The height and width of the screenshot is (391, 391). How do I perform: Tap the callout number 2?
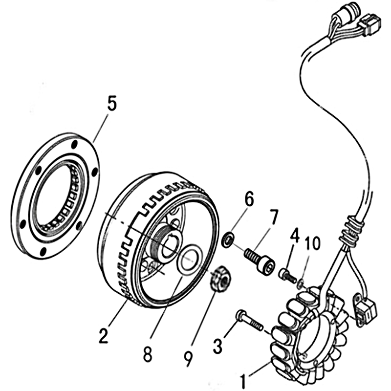click(x=103, y=336)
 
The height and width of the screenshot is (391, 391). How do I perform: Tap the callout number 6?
click(x=249, y=198)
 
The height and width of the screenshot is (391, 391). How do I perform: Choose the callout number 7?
click(x=274, y=215)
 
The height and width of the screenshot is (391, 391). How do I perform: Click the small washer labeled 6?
click(x=228, y=240)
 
